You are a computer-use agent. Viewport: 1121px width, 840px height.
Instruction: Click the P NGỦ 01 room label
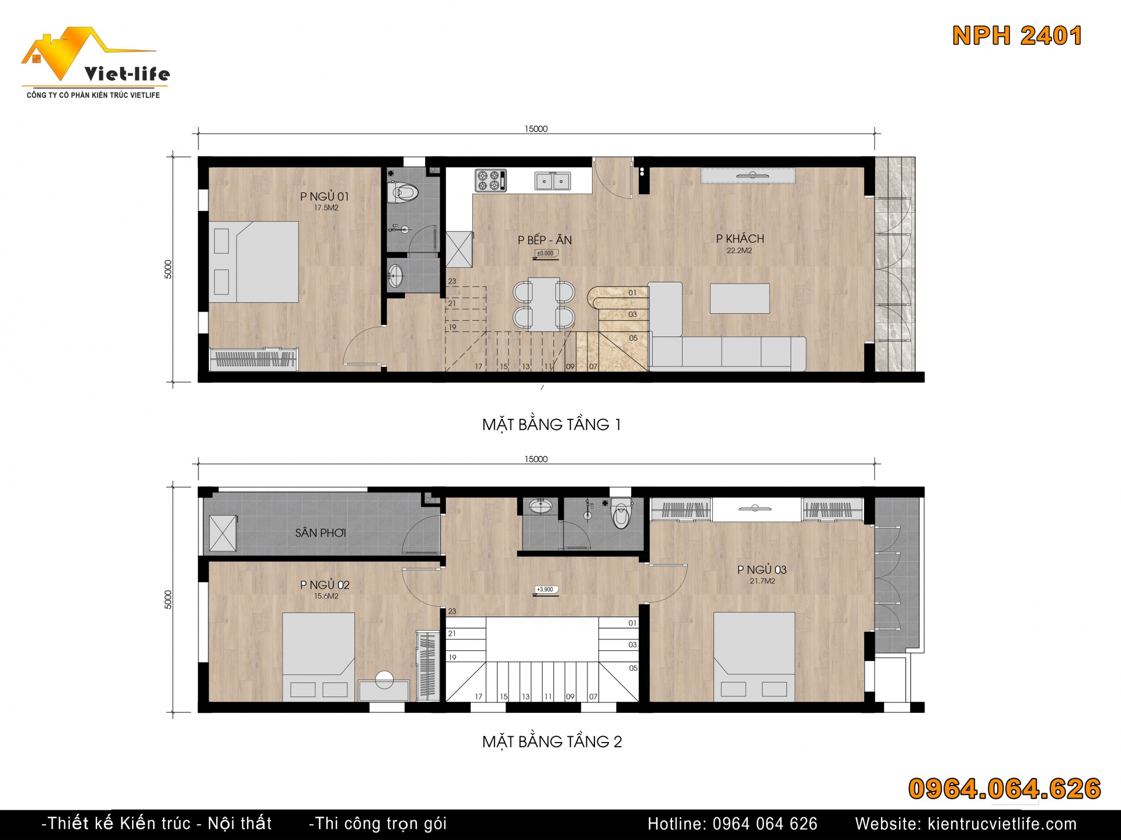(x=325, y=197)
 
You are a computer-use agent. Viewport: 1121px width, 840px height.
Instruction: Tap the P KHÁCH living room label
(x=740, y=239)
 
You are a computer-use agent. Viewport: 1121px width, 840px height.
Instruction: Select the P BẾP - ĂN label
(x=545, y=240)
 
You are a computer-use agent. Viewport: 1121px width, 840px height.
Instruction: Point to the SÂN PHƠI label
(x=321, y=533)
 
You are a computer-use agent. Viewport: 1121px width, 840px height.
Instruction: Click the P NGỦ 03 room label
(x=762, y=569)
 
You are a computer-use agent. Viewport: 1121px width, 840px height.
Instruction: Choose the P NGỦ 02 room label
(x=325, y=584)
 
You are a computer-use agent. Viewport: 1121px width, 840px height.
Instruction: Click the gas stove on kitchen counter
(x=490, y=180)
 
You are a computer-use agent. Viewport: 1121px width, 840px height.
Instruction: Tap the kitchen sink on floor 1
(x=552, y=181)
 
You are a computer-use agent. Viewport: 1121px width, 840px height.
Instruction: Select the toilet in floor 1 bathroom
(x=403, y=192)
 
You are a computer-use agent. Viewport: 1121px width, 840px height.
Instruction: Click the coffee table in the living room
(x=740, y=298)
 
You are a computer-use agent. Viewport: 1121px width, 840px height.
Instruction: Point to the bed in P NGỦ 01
(x=254, y=261)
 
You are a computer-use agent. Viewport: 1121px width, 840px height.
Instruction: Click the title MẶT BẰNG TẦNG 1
(x=552, y=425)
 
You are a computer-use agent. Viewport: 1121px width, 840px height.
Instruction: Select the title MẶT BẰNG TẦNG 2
(x=552, y=741)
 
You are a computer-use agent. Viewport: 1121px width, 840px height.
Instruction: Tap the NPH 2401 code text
(x=1017, y=36)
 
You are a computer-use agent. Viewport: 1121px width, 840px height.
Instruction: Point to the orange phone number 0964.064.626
(x=1004, y=789)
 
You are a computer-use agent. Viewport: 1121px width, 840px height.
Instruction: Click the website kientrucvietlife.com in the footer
(x=966, y=824)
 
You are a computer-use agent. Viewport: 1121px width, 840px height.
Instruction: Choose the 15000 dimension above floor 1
(x=536, y=129)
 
